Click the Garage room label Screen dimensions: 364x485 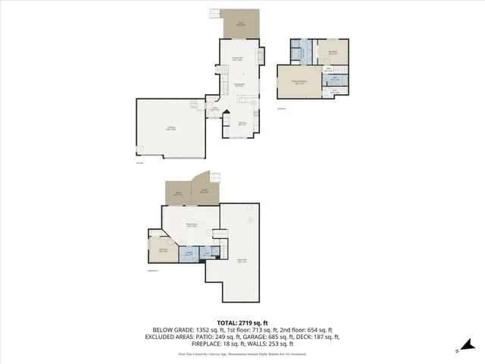(171, 130)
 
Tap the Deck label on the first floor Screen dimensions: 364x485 (242, 23)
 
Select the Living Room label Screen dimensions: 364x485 (236, 58)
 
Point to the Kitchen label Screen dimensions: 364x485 (243, 124)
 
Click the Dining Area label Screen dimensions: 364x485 (238, 85)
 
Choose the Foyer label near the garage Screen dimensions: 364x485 (215, 109)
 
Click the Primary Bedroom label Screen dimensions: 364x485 (299, 83)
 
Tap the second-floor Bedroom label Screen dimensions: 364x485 (333, 52)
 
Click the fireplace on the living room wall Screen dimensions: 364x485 (263, 58)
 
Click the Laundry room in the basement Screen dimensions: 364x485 (188, 255)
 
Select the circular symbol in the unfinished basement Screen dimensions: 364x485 (250, 220)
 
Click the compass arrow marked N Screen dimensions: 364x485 (459, 350)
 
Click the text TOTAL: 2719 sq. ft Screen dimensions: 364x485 (242, 322)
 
